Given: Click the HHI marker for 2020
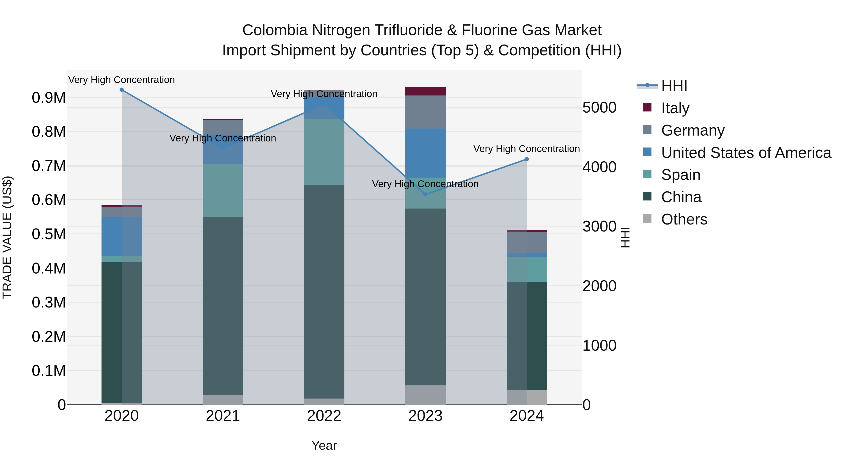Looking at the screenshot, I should tap(121, 90).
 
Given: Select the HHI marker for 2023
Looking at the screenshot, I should tap(426, 194).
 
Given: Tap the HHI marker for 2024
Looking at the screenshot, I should tap(527, 159).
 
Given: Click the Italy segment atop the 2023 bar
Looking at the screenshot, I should tap(426, 91).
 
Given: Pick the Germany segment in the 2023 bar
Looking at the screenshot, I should tap(426, 112).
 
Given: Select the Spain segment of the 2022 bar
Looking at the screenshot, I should tap(324, 152).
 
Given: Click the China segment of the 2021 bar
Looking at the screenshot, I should tap(223, 305).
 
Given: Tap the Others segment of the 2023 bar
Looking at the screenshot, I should tap(426, 395).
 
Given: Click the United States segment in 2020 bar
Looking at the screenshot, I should tap(121, 236).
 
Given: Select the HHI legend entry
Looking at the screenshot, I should tap(674, 86).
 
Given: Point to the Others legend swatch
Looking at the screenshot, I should tap(647, 219).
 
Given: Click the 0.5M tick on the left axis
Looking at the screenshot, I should tap(49, 234).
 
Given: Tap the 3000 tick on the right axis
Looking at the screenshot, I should tap(599, 226).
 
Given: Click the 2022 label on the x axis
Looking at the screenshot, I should tap(324, 416).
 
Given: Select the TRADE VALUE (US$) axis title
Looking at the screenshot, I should tap(7, 237).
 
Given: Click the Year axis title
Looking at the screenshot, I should tap(324, 445).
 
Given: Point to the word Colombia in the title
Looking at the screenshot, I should tap(275, 30).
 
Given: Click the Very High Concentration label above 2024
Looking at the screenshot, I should tap(527, 149).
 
